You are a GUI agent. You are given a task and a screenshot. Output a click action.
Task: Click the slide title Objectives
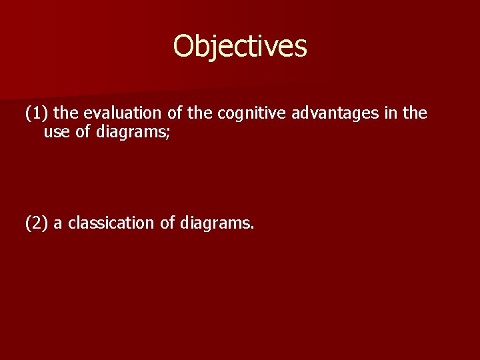click(240, 47)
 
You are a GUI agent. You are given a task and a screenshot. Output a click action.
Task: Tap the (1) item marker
click(36, 114)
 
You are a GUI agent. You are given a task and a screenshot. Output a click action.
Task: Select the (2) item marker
click(36, 223)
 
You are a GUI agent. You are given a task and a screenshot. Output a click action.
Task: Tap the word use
click(57, 132)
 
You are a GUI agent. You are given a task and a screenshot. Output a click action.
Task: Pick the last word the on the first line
click(415, 114)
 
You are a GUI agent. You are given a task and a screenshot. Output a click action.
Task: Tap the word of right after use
click(83, 132)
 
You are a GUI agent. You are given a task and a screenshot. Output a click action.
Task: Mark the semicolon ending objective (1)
click(169, 133)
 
